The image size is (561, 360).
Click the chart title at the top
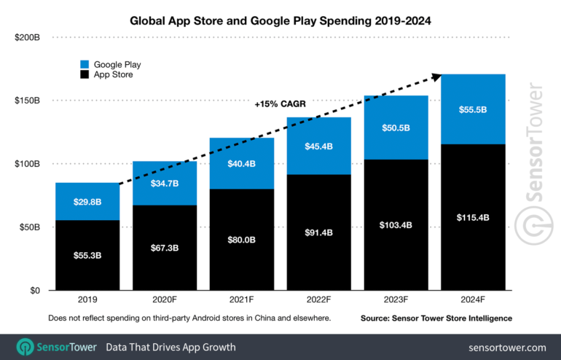[280, 21]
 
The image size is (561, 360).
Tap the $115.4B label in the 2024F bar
[474, 217]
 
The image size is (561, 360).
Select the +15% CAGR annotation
[280, 104]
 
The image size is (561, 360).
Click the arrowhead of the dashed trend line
[436, 75]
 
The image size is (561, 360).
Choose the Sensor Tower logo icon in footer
[25, 347]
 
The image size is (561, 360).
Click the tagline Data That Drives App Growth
[171, 347]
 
